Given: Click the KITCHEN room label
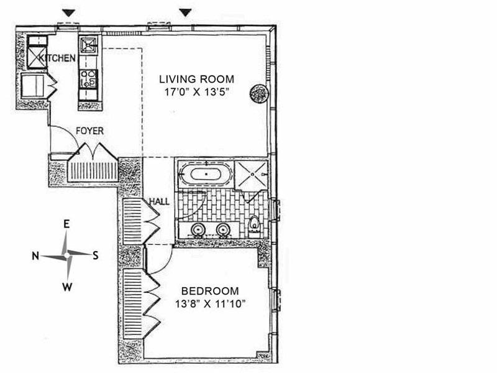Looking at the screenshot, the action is (57, 58).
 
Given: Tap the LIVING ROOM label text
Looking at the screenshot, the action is (196, 79).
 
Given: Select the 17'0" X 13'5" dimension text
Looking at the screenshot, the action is (196, 92).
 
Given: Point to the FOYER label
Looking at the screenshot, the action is (89, 131).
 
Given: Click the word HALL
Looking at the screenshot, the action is (159, 201).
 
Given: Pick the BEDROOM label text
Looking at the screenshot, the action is (210, 291).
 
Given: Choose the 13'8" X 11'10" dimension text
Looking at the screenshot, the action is (211, 304).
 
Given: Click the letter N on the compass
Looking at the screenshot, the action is (35, 256).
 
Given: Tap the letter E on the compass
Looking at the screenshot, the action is (66, 224).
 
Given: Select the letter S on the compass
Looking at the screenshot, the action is (96, 256).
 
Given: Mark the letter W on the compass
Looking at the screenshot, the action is (67, 287).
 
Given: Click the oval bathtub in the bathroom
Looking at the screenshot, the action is (206, 174).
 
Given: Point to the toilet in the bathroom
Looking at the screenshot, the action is (254, 223).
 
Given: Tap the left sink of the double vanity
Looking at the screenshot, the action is (198, 229).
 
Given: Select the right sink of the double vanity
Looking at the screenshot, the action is (224, 229).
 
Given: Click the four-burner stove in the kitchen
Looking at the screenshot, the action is (88, 79).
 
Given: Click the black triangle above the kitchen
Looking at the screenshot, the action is (68, 13).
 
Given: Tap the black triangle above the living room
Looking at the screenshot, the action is (186, 12).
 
